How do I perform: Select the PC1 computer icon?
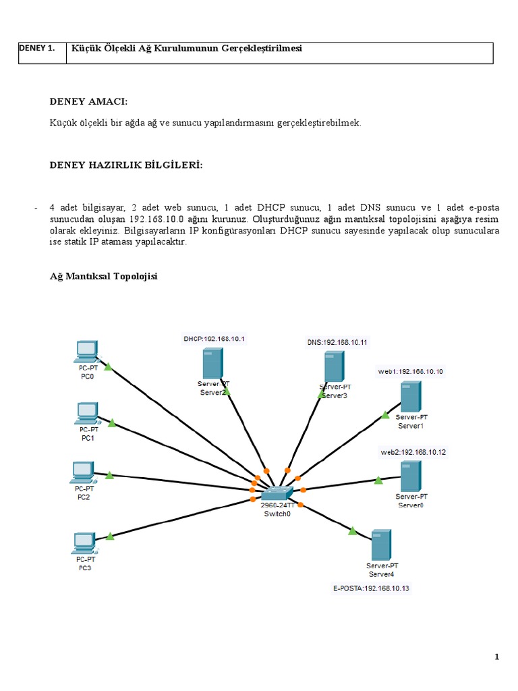pyautogui.click(x=87, y=412)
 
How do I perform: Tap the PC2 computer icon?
pyautogui.click(x=82, y=472)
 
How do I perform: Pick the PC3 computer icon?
pyautogui.click(x=84, y=542)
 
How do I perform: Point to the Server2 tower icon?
pyautogui.click(x=212, y=363)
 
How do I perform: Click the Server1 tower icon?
pyautogui.click(x=410, y=397)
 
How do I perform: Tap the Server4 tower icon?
pyautogui.click(x=382, y=545)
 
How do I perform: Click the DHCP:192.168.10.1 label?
pyautogui.click(x=214, y=338)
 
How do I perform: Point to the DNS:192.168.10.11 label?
pyautogui.click(x=337, y=342)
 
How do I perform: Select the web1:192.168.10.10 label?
pyautogui.click(x=411, y=371)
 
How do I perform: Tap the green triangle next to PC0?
pyautogui.click(x=108, y=366)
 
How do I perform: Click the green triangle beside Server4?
pyautogui.click(x=352, y=531)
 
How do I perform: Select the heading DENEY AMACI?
pyautogui.click(x=88, y=101)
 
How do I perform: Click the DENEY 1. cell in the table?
pyautogui.click(x=38, y=49)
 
